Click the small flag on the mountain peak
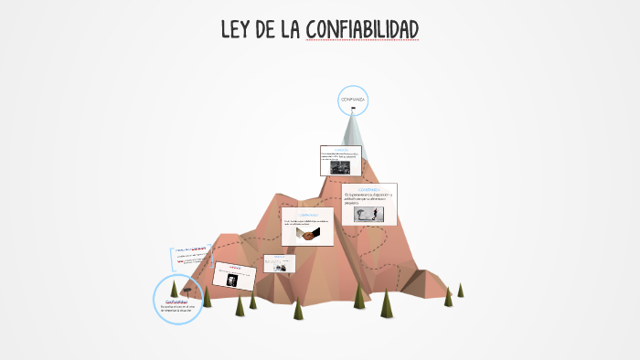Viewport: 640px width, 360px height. (354, 111)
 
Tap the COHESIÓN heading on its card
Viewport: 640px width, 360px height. (342, 148)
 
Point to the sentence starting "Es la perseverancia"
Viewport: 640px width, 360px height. (368, 198)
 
